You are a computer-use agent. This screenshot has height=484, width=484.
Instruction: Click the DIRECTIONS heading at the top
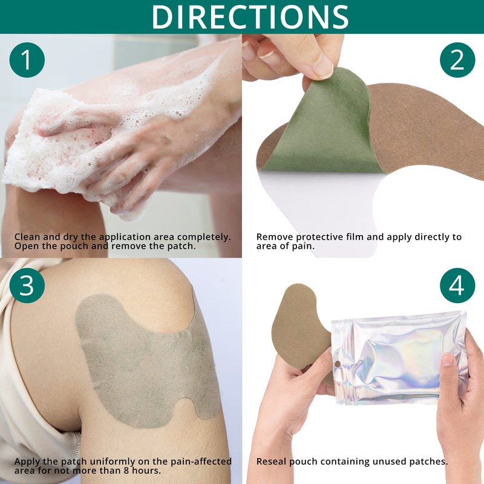tap(250, 17)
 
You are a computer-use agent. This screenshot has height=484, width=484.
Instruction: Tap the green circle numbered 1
tap(27, 60)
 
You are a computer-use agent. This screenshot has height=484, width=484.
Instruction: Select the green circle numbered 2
tap(457, 60)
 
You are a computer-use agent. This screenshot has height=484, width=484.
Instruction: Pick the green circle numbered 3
tap(27, 285)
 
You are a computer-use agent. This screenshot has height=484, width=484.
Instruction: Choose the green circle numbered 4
tap(457, 285)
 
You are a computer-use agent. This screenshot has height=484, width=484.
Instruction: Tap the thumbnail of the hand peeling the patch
tap(322, 65)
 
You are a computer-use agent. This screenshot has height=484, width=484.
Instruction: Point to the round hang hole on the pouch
tap(338, 364)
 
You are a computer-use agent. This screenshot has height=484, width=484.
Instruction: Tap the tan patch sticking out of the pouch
tap(301, 327)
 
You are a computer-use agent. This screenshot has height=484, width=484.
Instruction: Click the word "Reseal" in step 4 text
tap(271, 462)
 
